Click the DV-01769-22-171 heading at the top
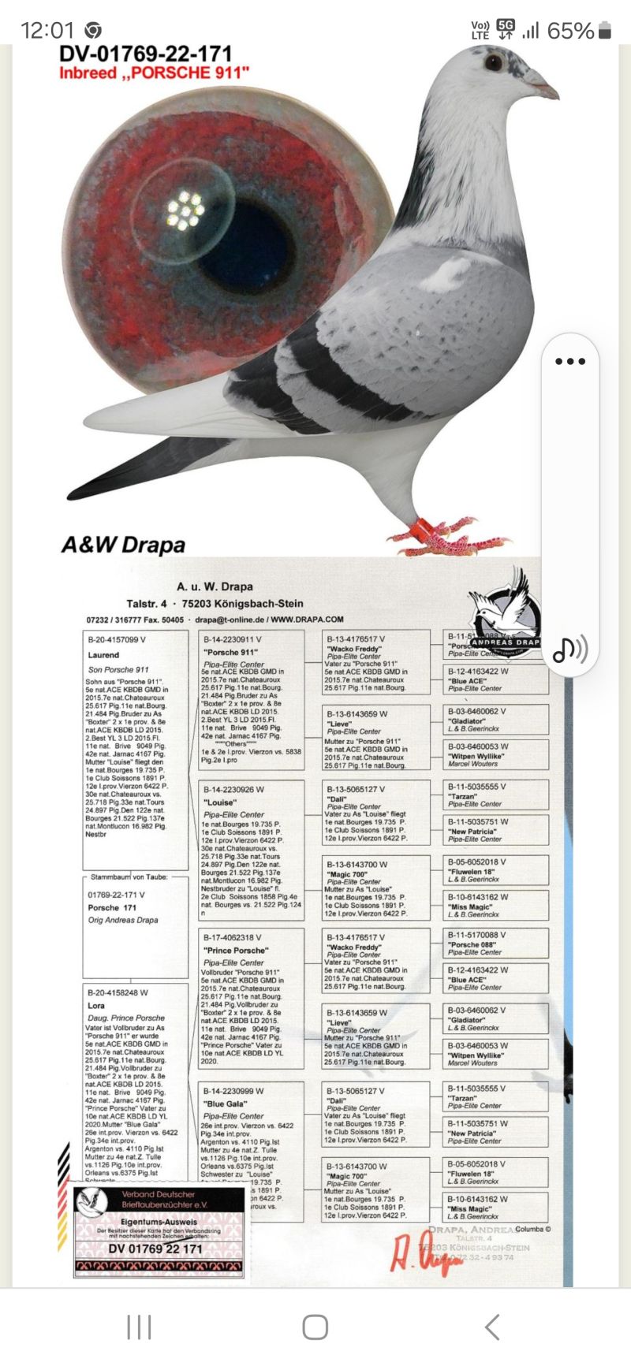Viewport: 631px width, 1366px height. click(145, 54)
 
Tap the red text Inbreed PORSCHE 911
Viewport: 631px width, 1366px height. click(154, 73)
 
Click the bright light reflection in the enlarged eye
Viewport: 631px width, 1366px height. click(185, 210)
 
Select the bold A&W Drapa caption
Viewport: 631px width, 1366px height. click(124, 545)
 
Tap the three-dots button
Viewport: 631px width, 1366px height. click(570, 362)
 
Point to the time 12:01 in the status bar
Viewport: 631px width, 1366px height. click(47, 31)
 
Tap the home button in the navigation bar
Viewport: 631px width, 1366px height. click(315, 1327)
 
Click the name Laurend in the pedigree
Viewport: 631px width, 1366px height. click(103, 655)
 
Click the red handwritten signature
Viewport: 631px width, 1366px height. click(426, 1252)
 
